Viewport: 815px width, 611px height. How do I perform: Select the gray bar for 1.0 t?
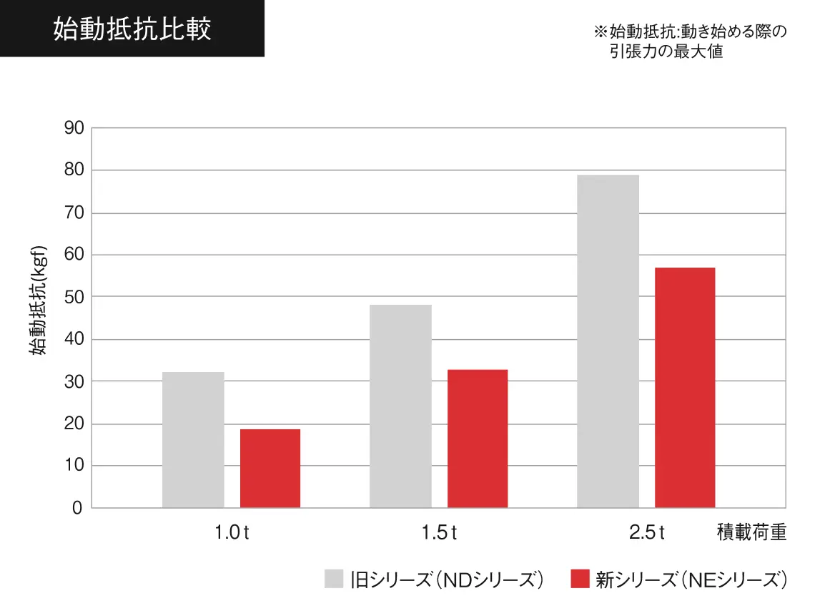(x=193, y=440)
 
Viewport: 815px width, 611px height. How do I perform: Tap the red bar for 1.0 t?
(x=270, y=469)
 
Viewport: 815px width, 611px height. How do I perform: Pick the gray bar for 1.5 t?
(x=400, y=406)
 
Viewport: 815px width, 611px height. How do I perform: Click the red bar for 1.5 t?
(x=478, y=439)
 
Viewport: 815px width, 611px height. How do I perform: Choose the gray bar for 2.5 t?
(x=608, y=341)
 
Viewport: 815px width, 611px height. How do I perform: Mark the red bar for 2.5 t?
(x=685, y=388)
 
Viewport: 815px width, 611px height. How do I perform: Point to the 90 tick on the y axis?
(x=74, y=129)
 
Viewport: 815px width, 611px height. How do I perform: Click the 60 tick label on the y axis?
(x=74, y=255)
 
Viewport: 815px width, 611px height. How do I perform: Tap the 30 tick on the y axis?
(x=74, y=382)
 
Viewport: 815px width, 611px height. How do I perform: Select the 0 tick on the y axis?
(x=77, y=509)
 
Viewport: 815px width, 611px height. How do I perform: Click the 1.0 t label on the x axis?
(x=232, y=534)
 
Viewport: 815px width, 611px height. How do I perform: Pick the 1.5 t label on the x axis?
(x=439, y=534)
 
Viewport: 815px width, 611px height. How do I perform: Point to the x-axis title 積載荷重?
(x=751, y=534)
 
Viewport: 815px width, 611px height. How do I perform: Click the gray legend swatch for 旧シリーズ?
(x=334, y=579)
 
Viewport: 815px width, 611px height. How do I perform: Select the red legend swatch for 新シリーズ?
(x=580, y=579)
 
